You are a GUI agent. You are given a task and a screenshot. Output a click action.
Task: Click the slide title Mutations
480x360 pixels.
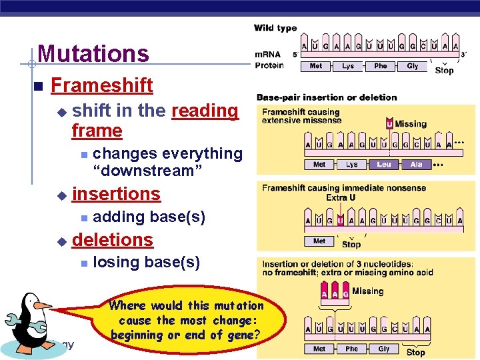[x=93, y=54]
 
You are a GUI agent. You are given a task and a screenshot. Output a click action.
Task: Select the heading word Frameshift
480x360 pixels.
[x=101, y=85]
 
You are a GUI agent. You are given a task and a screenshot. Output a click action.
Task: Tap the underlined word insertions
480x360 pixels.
[x=116, y=194]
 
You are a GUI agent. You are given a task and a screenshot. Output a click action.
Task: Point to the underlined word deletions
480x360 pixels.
[x=112, y=239]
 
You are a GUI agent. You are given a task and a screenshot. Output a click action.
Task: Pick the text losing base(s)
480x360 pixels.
[x=146, y=262]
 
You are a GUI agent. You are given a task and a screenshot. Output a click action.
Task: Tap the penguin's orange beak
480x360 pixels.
[x=43, y=305]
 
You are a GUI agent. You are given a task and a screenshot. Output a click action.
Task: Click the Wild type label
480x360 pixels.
[x=275, y=28]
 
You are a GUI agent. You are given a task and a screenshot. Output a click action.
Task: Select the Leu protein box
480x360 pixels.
[x=384, y=164]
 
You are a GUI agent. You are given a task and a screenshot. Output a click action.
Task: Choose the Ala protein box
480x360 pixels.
[x=417, y=164]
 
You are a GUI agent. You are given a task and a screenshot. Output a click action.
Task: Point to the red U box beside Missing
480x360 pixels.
[x=389, y=124]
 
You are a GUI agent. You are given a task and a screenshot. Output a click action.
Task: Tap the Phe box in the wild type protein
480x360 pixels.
[x=381, y=66]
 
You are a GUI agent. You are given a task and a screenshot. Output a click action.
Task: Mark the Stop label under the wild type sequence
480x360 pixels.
[x=444, y=70]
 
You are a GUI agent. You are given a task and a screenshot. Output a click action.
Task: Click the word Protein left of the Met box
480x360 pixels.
[x=269, y=65]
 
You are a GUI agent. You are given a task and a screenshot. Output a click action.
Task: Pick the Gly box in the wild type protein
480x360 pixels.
[x=413, y=66]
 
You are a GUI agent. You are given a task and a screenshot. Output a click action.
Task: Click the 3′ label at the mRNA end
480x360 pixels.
[x=465, y=55]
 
